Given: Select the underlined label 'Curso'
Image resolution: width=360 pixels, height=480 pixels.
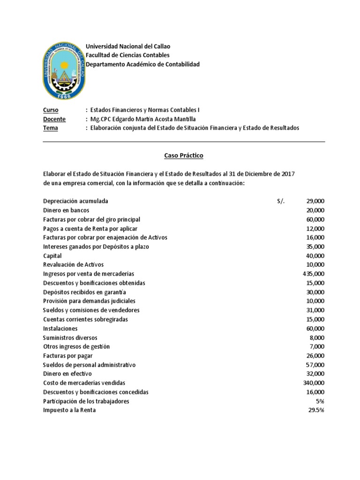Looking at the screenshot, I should (x=50, y=110).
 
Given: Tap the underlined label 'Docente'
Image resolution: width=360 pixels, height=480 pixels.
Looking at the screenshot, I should (x=54, y=119).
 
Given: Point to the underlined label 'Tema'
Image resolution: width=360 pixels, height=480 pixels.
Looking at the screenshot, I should (x=50, y=128).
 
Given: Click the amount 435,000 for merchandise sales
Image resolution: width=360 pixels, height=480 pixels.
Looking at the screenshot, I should (x=314, y=274).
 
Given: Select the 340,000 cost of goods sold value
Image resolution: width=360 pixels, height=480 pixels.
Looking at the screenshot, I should (x=314, y=383).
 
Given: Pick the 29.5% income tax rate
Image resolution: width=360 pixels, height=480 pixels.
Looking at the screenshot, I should (x=315, y=410).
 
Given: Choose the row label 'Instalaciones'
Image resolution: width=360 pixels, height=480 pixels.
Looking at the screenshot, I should (x=60, y=329).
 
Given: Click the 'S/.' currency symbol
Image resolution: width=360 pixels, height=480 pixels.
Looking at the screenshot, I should (x=280, y=201).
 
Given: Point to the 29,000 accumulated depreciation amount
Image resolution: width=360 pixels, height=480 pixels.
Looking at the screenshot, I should (x=315, y=201).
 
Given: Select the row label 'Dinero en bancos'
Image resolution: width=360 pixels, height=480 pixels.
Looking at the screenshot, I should (x=66, y=210).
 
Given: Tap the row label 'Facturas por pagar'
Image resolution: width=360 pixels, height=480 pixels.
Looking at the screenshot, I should (x=67, y=356).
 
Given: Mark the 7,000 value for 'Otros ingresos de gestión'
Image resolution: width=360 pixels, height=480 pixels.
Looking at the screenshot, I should (x=317, y=347).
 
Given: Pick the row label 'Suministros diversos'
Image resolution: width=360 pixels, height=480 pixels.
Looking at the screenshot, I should (x=70, y=337).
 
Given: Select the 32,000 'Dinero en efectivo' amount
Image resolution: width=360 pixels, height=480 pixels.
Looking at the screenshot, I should (x=315, y=374).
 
